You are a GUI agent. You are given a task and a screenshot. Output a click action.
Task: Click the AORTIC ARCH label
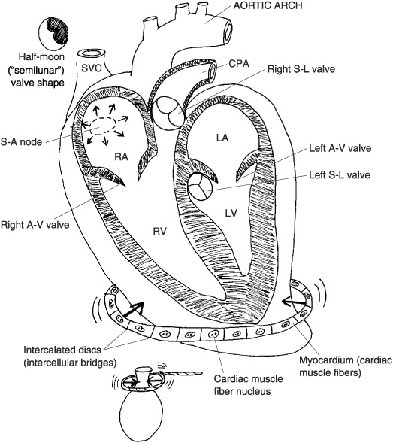tap(268, 6)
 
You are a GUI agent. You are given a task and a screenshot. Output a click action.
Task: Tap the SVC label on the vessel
tap(91, 68)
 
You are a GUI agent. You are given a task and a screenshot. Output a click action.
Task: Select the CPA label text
tap(239, 64)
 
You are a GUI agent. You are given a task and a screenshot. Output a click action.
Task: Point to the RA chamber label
tap(122, 156)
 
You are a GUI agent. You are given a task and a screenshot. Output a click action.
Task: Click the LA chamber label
tap(222, 138)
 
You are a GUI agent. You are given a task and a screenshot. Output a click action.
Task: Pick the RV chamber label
tap(160, 232)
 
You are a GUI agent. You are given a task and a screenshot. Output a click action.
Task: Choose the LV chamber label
tap(231, 213)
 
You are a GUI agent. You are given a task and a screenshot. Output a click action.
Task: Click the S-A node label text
tap(21, 142)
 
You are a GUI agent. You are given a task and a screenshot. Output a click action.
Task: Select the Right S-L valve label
tap(301, 69)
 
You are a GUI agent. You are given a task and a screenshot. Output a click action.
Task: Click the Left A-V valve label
tap(340, 148)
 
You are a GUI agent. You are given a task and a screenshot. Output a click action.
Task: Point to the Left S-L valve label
tap(340, 175)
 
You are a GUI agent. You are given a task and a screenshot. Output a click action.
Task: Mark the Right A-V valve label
tap(35, 225)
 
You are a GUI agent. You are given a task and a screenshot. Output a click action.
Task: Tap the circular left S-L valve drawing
tap(200, 187)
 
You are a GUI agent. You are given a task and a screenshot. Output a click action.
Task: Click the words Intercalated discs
tap(62, 350)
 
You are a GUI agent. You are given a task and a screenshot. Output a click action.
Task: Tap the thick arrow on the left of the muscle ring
tap(132, 310)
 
